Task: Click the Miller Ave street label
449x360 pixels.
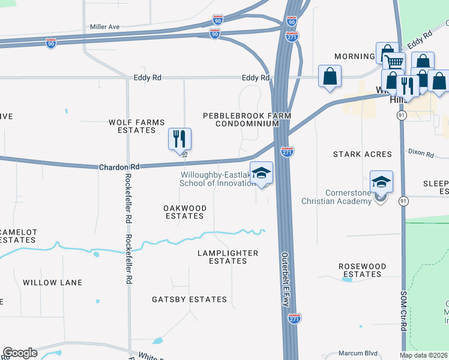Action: [105, 27]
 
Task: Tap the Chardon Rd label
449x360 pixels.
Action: [119, 166]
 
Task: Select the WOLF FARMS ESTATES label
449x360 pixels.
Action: [136, 126]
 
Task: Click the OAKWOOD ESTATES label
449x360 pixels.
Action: [185, 212]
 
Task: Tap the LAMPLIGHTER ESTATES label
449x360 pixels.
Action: [228, 257]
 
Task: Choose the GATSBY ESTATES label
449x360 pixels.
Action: [189, 299]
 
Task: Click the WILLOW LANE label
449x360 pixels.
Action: [49, 283]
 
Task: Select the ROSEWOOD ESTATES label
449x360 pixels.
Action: [362, 270]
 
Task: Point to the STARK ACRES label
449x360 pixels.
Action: [363, 154]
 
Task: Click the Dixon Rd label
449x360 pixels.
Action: [421, 154]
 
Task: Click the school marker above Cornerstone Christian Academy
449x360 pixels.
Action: [382, 181]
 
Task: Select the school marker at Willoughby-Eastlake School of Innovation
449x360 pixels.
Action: [262, 173]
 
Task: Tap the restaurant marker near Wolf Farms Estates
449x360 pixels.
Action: [179, 139]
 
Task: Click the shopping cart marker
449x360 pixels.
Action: [394, 62]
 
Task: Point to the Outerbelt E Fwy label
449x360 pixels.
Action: [285, 279]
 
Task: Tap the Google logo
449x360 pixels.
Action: [20, 353]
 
